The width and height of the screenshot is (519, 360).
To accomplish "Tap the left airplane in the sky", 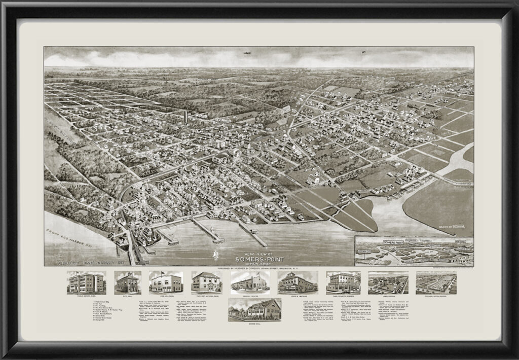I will [x=247, y=53].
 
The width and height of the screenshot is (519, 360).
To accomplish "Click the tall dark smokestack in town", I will [x=186, y=117].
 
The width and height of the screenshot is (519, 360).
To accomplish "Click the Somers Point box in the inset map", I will [x=397, y=243].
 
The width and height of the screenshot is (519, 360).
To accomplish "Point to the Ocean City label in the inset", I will [x=365, y=250].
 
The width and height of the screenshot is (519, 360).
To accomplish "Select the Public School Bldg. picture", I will [x=86, y=282].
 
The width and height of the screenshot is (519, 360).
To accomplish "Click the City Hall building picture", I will [x=128, y=282].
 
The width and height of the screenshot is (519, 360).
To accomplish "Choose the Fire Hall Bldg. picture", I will [x=166, y=282].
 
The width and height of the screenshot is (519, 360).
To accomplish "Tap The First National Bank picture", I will [x=206, y=282].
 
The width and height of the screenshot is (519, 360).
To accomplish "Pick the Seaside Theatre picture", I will [x=250, y=282].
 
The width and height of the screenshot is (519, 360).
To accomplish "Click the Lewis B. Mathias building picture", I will [x=298, y=282].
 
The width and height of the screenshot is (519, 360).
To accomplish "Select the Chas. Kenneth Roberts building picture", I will [x=343, y=282].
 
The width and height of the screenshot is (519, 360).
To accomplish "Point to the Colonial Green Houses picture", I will [x=436, y=282].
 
